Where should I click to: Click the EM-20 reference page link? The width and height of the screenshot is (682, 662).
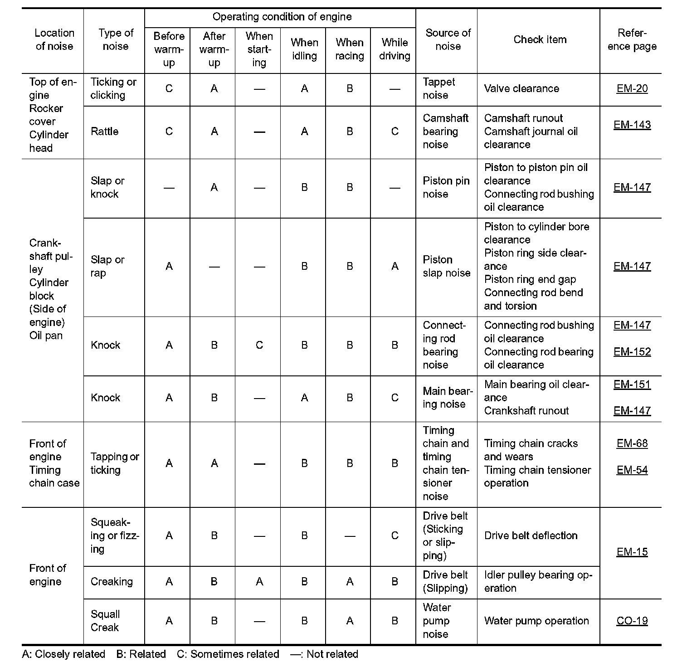click(632, 88)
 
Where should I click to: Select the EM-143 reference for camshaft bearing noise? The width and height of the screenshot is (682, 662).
click(632, 125)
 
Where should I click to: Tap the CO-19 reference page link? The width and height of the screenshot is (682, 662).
click(632, 621)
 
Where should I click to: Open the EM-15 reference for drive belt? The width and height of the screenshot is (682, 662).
click(632, 552)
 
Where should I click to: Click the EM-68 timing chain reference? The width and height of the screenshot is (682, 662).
click(632, 443)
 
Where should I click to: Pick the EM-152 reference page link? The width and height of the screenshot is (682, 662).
click(632, 352)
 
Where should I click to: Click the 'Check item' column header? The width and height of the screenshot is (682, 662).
click(540, 39)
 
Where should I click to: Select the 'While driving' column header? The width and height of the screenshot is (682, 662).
click(395, 49)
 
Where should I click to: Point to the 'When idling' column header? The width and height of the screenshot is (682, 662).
click(304, 49)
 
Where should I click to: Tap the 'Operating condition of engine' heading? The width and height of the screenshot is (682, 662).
click(282, 17)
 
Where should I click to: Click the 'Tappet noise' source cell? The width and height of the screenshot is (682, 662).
click(438, 88)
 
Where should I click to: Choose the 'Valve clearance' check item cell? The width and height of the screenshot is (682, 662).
click(521, 88)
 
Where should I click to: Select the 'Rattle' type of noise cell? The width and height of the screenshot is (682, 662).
click(104, 131)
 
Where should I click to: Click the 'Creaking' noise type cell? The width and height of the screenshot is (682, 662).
click(112, 581)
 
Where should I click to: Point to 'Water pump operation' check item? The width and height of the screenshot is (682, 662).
click(536, 621)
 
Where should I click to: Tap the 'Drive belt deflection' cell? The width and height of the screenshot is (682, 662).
click(531, 535)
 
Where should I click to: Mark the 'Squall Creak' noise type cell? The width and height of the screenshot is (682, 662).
click(105, 621)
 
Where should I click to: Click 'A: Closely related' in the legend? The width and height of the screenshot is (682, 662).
click(63, 654)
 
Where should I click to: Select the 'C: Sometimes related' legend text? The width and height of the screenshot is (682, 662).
click(228, 654)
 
